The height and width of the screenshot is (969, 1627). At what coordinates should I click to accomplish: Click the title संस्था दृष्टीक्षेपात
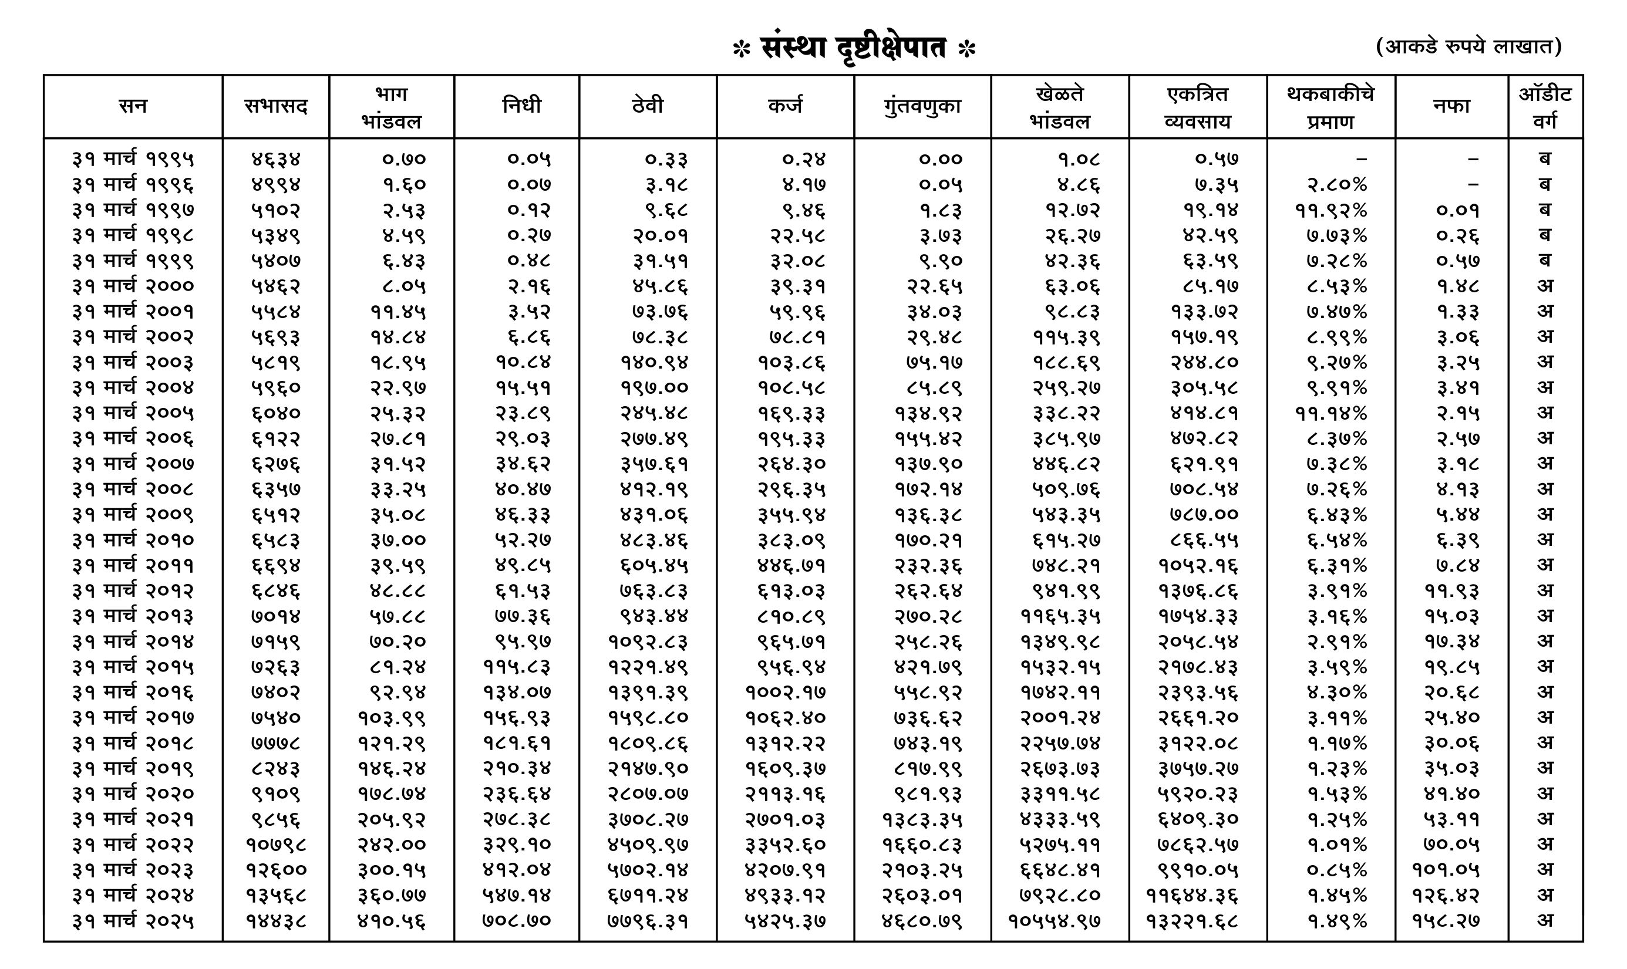[x=854, y=48]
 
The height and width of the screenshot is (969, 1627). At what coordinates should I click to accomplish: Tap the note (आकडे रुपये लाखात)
[x=1468, y=46]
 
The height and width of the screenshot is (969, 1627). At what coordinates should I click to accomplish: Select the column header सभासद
[x=275, y=106]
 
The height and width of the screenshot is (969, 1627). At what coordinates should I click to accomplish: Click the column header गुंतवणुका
[x=922, y=106]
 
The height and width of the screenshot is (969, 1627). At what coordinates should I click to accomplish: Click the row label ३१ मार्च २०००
[x=133, y=286]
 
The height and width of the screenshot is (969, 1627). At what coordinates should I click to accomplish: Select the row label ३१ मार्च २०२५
[x=133, y=921]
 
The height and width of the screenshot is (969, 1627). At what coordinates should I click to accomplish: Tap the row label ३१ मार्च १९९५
[x=133, y=158]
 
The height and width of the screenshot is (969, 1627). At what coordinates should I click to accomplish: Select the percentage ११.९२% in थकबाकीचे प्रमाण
[x=1330, y=210]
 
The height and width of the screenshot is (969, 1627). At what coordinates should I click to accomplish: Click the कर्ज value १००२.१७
[x=785, y=692]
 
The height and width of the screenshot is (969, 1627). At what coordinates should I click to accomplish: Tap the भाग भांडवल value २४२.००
[x=391, y=845]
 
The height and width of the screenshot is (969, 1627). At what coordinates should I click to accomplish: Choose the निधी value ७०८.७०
[x=516, y=921]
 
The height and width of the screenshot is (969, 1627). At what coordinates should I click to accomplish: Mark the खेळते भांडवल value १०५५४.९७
[x=1053, y=921]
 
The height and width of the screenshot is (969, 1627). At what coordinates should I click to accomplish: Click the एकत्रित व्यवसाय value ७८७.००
[x=1203, y=515]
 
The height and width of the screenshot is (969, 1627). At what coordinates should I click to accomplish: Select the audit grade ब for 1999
[x=1545, y=261]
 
